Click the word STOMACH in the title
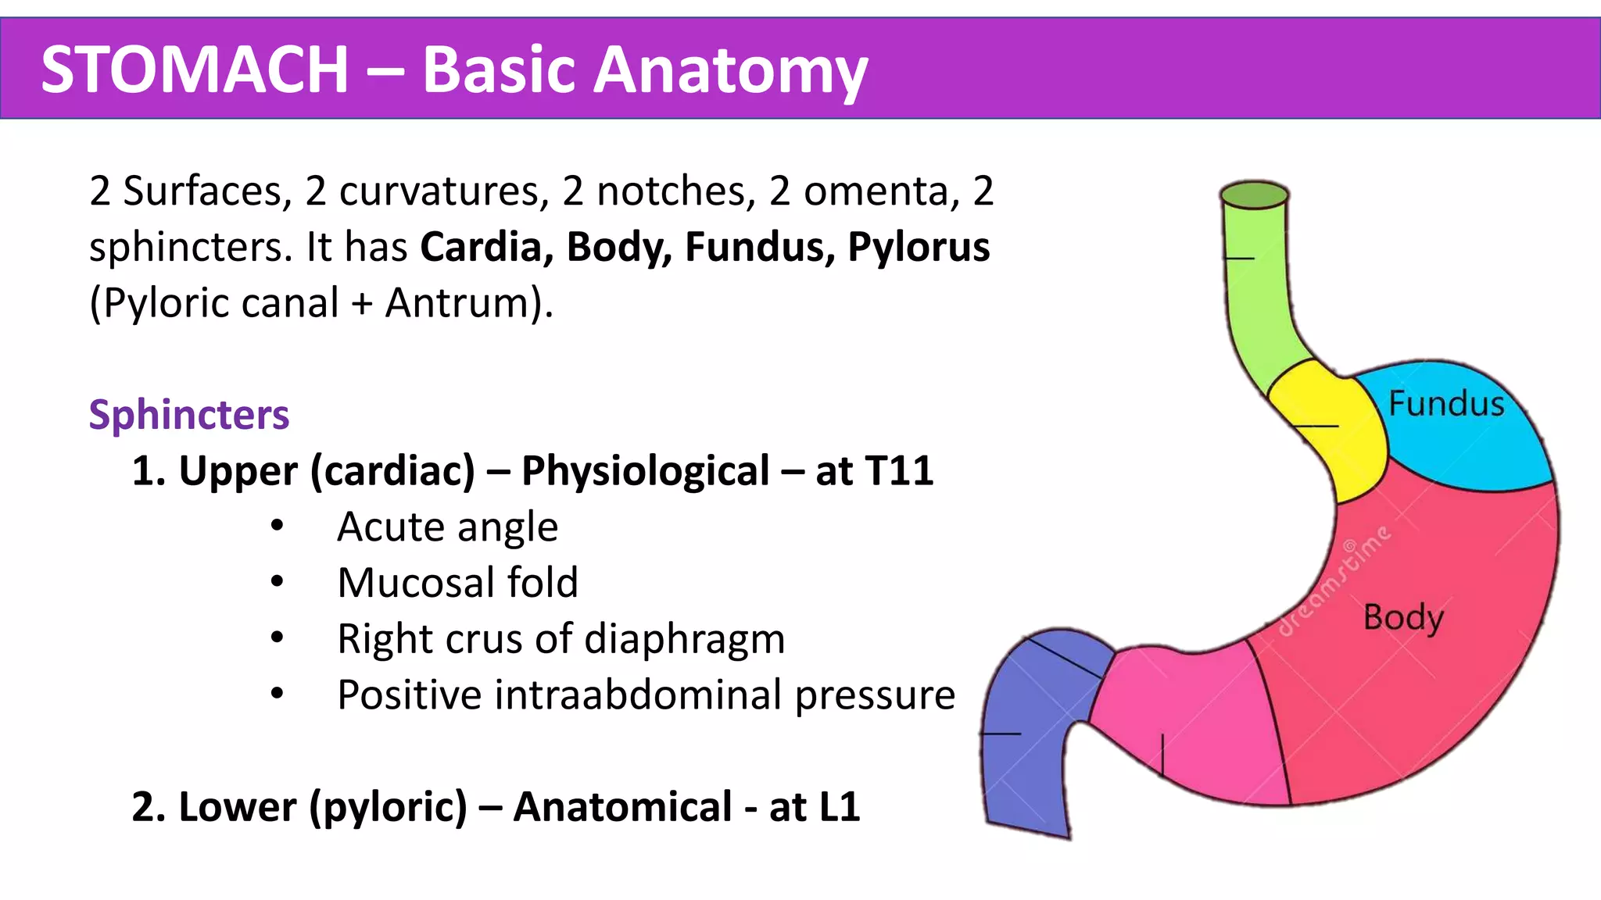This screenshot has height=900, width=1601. click(194, 70)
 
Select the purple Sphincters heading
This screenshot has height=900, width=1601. click(188, 414)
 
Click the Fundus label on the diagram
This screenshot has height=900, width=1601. click(1446, 405)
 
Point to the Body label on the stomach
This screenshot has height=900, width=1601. click(1403, 618)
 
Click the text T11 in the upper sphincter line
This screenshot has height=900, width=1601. click(899, 471)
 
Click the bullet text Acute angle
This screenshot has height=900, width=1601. click(447, 527)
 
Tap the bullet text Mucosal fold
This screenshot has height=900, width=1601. click(457, 583)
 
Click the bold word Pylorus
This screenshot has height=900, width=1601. click(919, 248)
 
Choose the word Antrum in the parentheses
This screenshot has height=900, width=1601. click(459, 303)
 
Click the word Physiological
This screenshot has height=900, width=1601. click(645, 471)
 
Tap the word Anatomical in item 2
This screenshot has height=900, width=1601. click(622, 807)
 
